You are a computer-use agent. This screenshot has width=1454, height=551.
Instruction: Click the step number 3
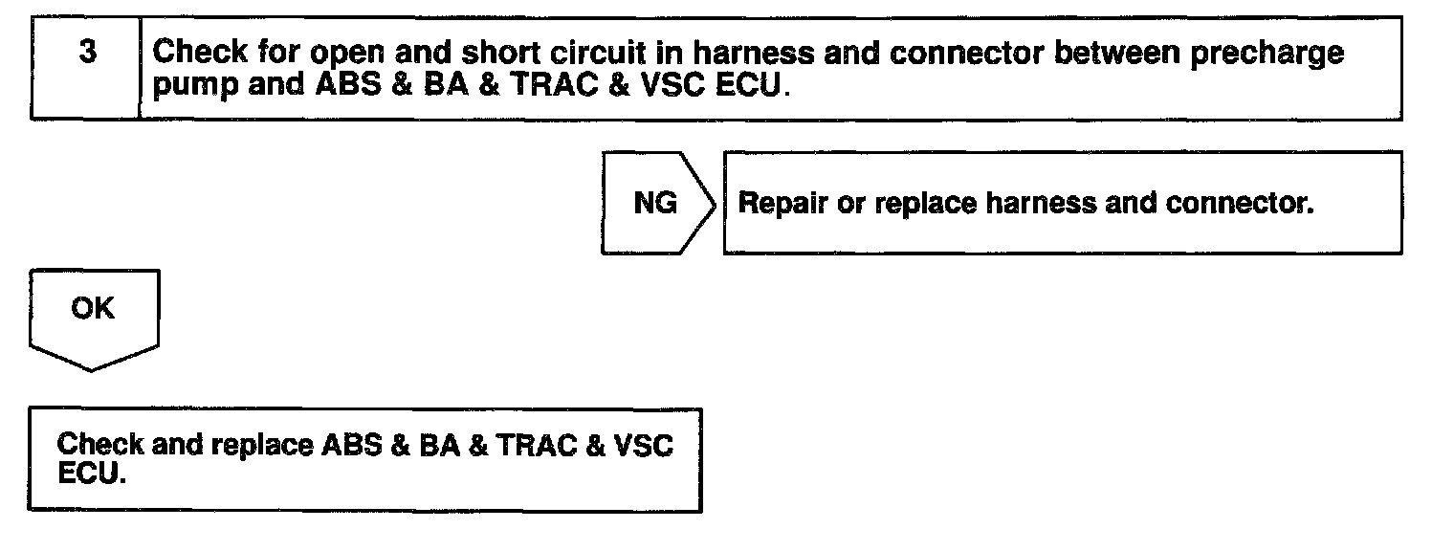click(87, 53)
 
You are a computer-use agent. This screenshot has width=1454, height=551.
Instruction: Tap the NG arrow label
click(654, 203)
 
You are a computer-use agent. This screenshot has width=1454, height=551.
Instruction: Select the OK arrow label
click(92, 309)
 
